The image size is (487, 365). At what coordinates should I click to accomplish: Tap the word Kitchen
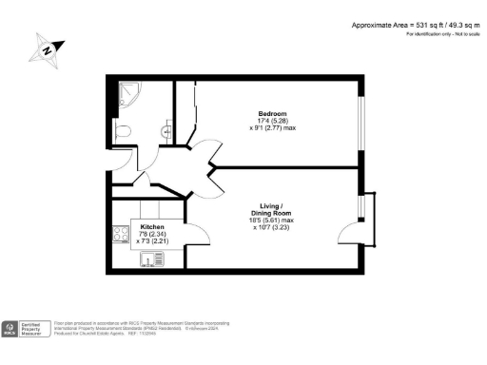point(153,228)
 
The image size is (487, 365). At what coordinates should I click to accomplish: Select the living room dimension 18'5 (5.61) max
point(265,221)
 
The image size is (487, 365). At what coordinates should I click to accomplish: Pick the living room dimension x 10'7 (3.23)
point(265,228)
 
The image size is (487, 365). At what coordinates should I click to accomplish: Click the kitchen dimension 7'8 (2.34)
point(153,235)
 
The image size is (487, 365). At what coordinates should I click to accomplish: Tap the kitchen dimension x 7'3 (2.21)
point(153,242)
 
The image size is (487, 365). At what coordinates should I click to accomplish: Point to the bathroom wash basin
point(167,132)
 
